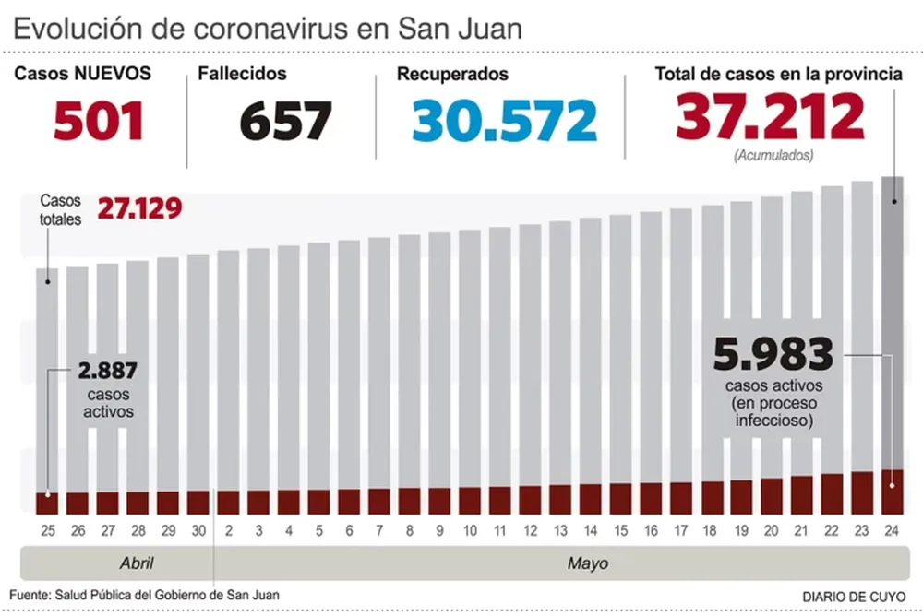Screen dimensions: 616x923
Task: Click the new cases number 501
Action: click(x=99, y=121)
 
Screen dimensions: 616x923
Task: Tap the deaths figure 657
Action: click(x=285, y=121)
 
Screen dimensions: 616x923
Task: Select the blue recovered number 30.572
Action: click(x=504, y=121)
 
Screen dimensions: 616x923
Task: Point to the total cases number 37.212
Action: click(x=770, y=117)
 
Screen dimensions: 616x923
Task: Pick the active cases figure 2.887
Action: click(x=107, y=373)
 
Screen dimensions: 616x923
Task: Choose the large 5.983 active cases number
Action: click(x=773, y=355)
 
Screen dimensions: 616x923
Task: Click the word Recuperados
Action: click(x=452, y=75)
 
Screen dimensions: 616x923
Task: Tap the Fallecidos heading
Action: click(x=242, y=74)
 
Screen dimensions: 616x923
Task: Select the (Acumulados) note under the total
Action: click(x=773, y=156)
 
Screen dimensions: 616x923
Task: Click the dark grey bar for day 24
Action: click(x=893, y=323)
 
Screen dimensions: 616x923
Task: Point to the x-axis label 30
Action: click(x=198, y=531)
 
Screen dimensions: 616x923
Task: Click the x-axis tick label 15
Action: click(x=620, y=531)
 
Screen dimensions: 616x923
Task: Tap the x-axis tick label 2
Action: click(x=228, y=531)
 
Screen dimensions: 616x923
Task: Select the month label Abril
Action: click(x=136, y=563)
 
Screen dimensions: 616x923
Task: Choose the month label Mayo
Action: click(x=587, y=563)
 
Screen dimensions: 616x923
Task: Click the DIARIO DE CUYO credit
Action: click(x=854, y=597)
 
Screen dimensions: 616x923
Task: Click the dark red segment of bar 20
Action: click(x=772, y=496)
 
